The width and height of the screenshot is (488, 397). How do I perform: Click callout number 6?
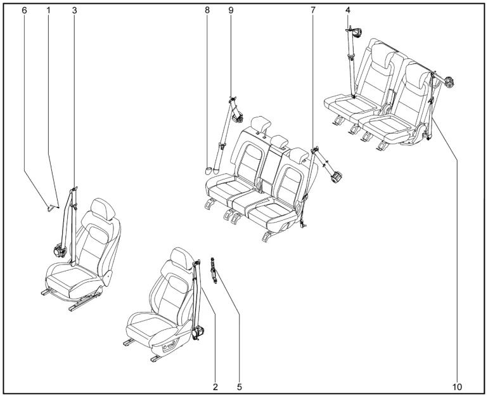25,11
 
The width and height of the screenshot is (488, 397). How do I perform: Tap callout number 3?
74,11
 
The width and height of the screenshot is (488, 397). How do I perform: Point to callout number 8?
207,11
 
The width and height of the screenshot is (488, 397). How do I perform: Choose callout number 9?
231,11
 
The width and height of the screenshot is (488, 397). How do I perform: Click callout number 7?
313,11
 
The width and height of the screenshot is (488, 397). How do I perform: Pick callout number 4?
348,11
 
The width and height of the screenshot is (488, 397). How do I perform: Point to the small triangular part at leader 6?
50,205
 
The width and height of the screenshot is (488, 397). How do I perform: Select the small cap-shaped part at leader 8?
209,169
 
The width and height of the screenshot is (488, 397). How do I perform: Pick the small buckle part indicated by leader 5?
215,269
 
